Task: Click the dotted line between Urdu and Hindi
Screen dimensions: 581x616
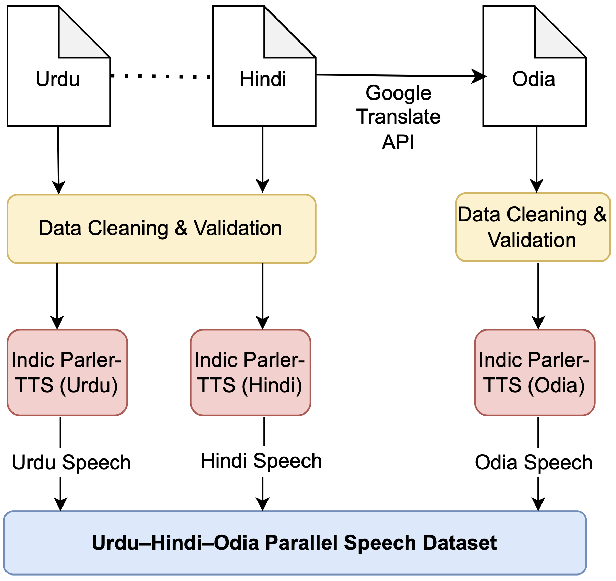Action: pyautogui.click(x=161, y=76)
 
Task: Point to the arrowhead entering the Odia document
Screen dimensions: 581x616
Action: pyautogui.click(x=479, y=76)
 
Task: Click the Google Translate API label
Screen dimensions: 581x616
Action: pyautogui.click(x=398, y=117)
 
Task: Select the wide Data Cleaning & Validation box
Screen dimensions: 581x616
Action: pyautogui.click(x=161, y=229)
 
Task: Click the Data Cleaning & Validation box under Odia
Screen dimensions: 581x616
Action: pyautogui.click(x=533, y=227)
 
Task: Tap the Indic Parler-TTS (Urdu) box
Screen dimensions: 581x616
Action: pyautogui.click(x=67, y=372)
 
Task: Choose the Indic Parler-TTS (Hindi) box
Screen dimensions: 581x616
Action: pyautogui.click(x=250, y=372)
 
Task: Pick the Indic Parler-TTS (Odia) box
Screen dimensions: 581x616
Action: pyautogui.click(x=534, y=372)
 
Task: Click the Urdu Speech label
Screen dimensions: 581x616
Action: pyautogui.click(x=71, y=462)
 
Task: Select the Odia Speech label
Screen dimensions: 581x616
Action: pyautogui.click(x=534, y=462)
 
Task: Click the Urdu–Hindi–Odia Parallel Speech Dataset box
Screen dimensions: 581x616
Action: pyautogui.click(x=295, y=543)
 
